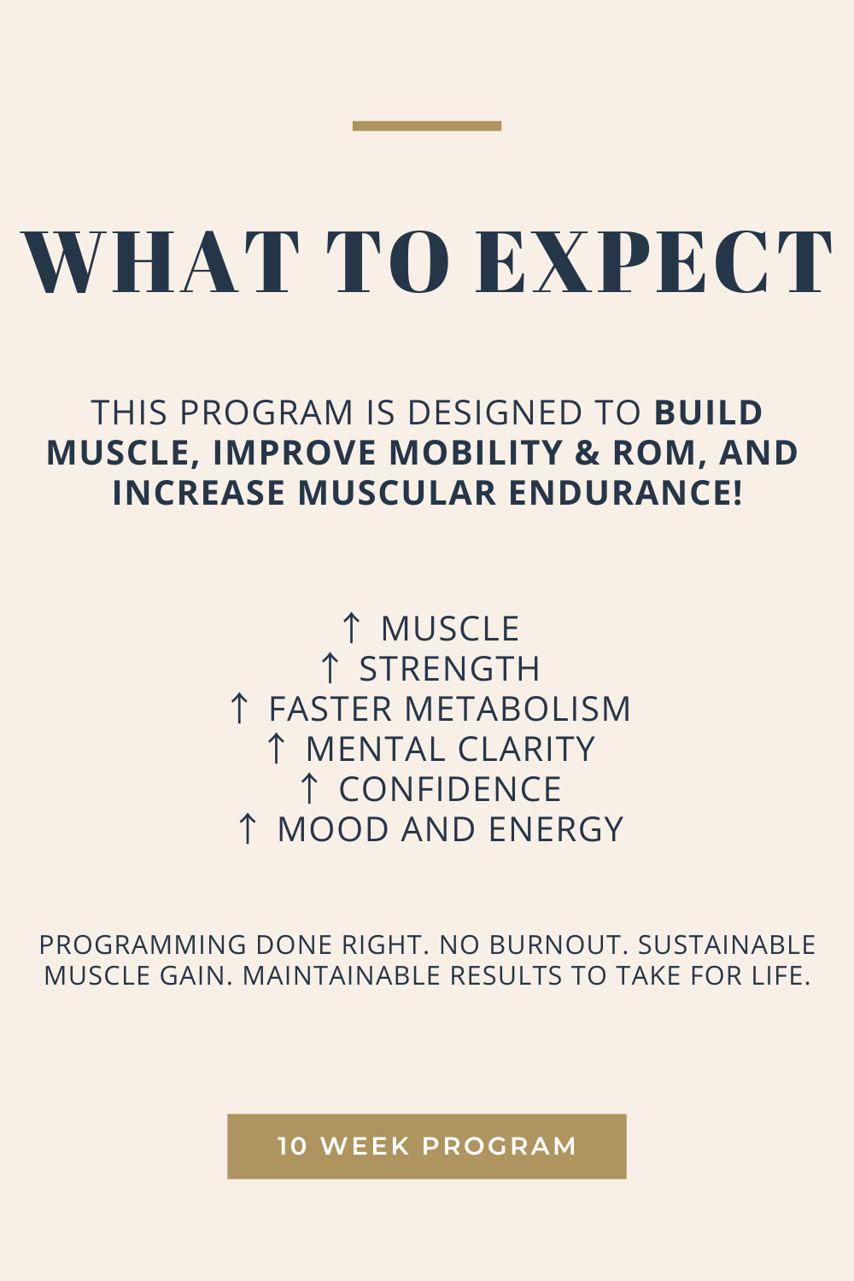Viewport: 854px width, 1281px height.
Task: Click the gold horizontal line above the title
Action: [x=426, y=126]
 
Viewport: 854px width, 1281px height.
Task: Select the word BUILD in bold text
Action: [x=708, y=413]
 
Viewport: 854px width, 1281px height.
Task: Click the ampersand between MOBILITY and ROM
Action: [x=587, y=453]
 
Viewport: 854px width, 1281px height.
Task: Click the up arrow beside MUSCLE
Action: [x=351, y=629]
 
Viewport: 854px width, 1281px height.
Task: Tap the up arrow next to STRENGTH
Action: [x=330, y=669]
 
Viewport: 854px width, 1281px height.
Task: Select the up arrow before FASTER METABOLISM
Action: [x=240, y=709]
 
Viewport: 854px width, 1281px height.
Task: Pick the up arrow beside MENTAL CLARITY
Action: [x=276, y=749]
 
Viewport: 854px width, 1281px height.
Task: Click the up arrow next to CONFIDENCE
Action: [x=309, y=789]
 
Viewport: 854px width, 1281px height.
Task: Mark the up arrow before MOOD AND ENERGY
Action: [x=248, y=829]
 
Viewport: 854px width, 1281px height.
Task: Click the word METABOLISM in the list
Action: [x=517, y=709]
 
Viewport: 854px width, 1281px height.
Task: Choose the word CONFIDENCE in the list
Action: [x=450, y=789]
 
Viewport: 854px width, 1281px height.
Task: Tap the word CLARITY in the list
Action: [x=526, y=749]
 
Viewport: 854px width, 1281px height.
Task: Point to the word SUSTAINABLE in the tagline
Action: [x=727, y=945]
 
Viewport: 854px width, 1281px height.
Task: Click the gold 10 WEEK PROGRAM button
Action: [x=426, y=1146]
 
